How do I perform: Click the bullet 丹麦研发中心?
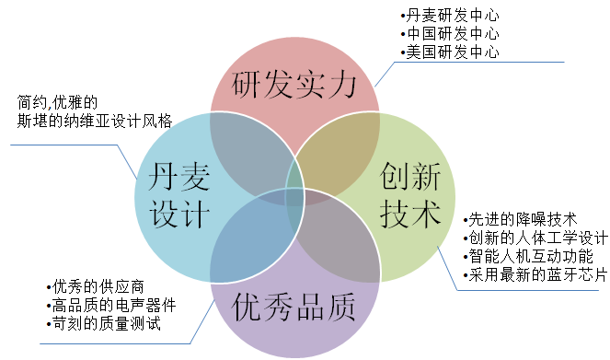pos(450,17)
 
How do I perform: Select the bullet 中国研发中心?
pos(450,34)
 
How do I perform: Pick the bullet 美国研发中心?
pos(450,52)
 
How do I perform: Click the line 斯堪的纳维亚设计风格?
pos(95,120)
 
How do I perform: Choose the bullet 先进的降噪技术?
pos(520,219)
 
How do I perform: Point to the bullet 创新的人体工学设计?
pos(534,238)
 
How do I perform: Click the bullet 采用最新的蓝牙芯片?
pos(534,274)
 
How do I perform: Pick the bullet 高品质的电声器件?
pos(109,305)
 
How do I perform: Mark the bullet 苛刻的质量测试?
pos(101,323)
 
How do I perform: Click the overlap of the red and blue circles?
pos(241,138)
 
